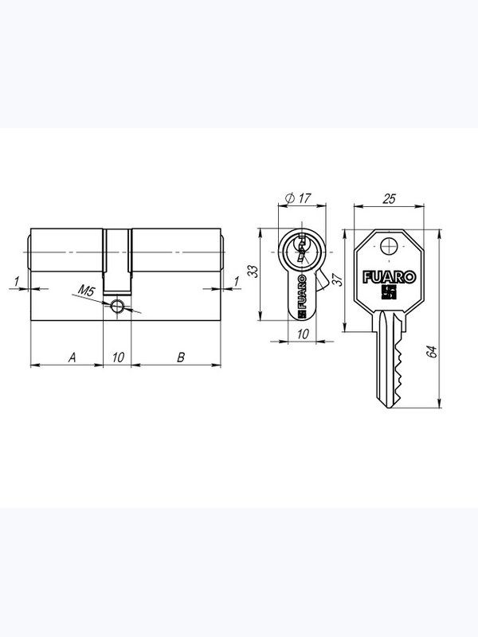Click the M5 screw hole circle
point(117,307)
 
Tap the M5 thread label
point(86,291)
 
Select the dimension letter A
point(72,358)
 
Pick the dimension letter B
point(181,358)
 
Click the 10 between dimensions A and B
point(118,358)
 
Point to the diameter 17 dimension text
point(298,198)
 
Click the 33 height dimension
point(253,271)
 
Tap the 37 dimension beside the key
point(338,280)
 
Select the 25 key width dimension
point(389,198)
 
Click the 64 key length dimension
point(431,351)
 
